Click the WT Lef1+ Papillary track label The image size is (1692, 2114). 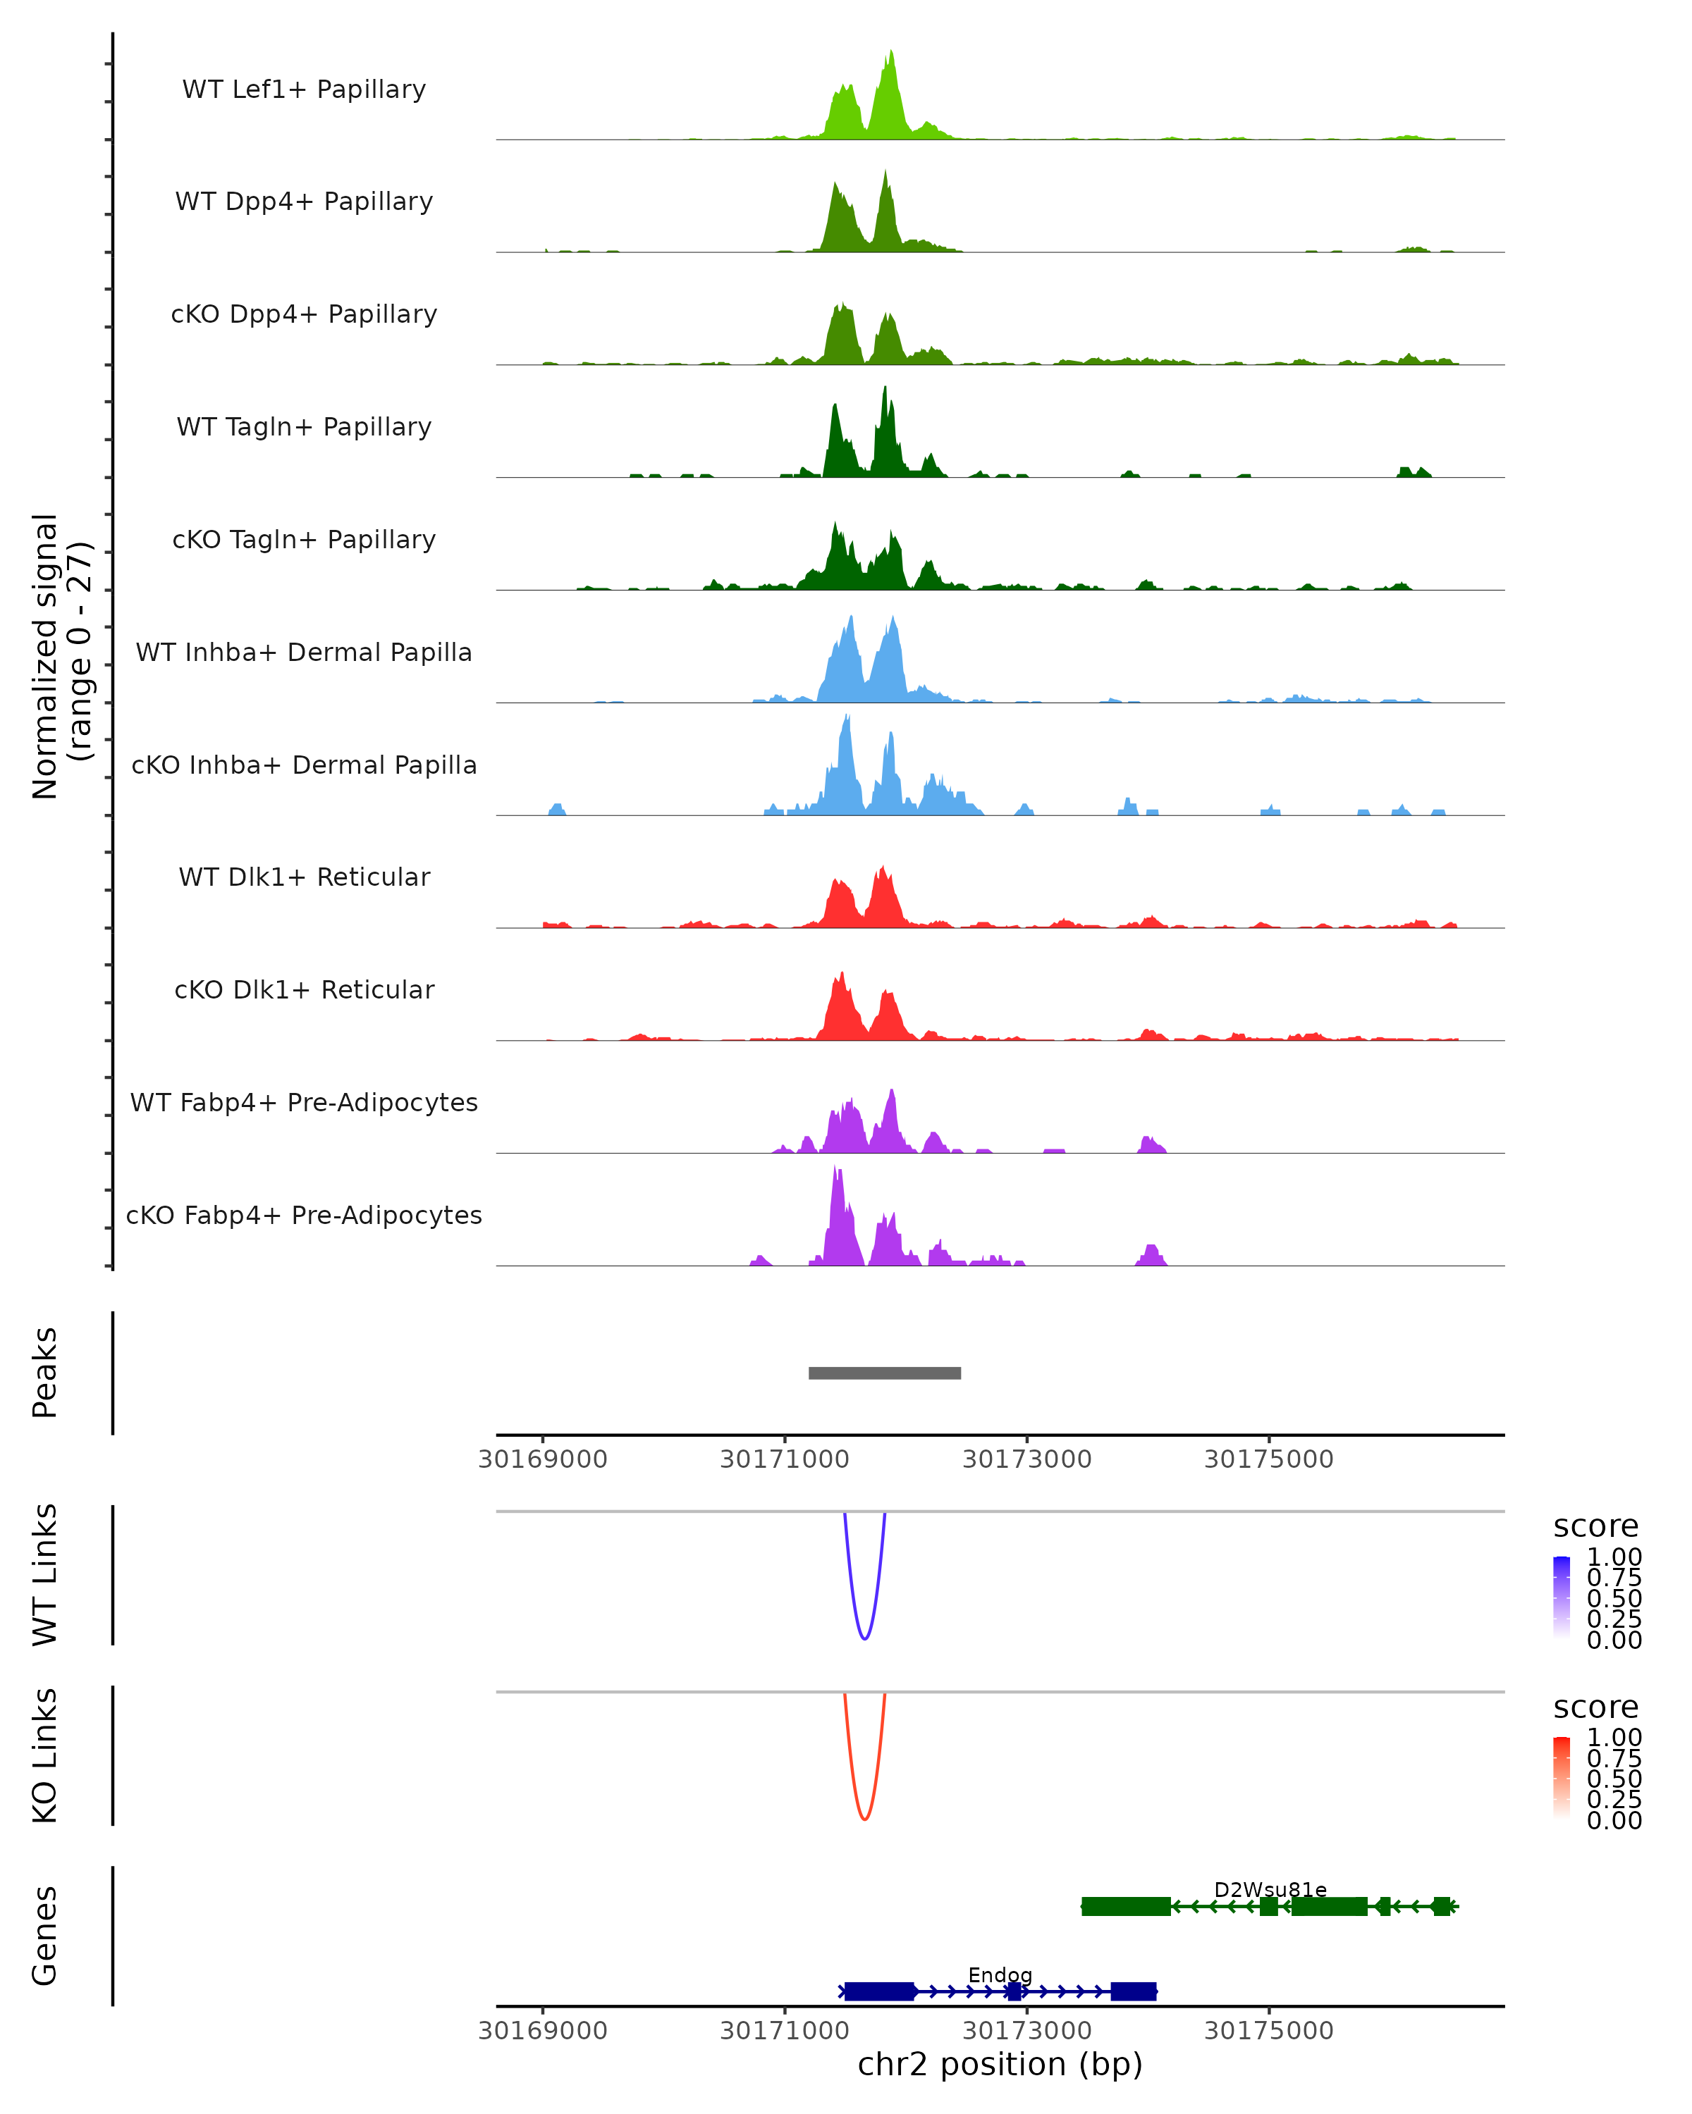tap(304, 89)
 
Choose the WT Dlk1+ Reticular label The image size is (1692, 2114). tap(304, 877)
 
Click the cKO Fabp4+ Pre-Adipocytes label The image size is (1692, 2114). tap(304, 1215)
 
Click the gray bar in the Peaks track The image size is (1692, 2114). tap(884, 1373)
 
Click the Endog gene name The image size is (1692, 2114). tap(1000, 1974)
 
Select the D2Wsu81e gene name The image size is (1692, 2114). tap(1270, 1889)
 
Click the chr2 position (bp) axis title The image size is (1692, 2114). tap(1000, 2065)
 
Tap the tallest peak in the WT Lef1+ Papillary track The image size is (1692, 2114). tap(890, 54)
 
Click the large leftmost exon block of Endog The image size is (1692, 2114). tap(879, 1991)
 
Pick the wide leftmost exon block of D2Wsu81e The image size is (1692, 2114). tap(1125, 1906)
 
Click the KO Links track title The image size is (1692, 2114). tap(45, 1755)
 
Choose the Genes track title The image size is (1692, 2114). tap(45, 1936)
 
